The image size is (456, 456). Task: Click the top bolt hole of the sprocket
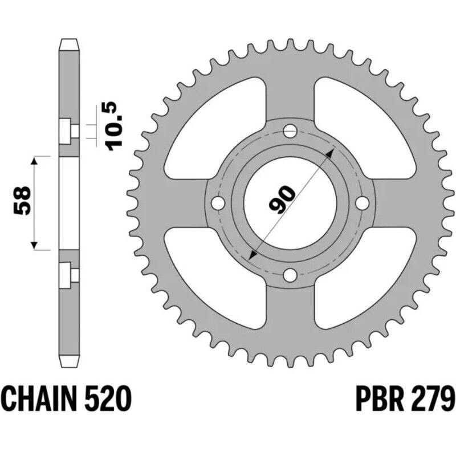[290, 131]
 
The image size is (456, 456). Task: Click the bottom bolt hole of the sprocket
[290, 275]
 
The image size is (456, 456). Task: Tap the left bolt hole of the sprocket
[218, 203]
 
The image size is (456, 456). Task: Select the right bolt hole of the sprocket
[363, 203]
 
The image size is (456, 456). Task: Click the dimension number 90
[282, 199]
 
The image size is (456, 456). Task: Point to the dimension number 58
[22, 201]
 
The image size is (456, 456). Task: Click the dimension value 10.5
[113, 126]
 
